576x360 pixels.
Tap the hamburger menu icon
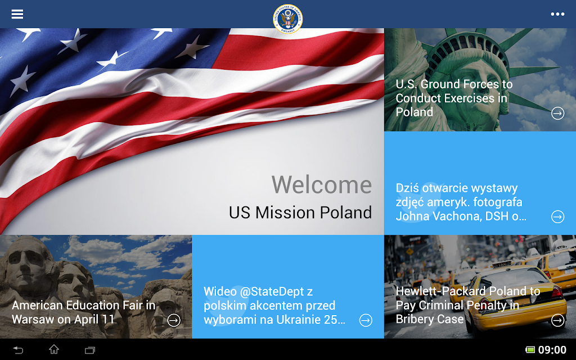point(17,14)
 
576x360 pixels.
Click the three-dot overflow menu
point(557,14)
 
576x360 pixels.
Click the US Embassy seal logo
point(287,19)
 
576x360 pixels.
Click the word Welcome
point(322,184)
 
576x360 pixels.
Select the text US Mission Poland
point(300,212)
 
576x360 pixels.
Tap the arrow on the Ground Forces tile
point(557,113)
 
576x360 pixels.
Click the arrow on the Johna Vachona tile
point(557,217)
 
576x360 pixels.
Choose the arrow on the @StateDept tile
point(366,320)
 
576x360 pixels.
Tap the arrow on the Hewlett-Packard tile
point(557,320)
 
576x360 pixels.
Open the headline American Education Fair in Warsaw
point(84,312)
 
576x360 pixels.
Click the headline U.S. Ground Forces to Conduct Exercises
point(454,98)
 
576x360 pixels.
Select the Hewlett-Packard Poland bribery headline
point(467,305)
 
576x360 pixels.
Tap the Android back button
point(18,350)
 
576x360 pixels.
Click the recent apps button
point(90,350)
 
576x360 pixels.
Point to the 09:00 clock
point(552,350)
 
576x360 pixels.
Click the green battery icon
point(530,350)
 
